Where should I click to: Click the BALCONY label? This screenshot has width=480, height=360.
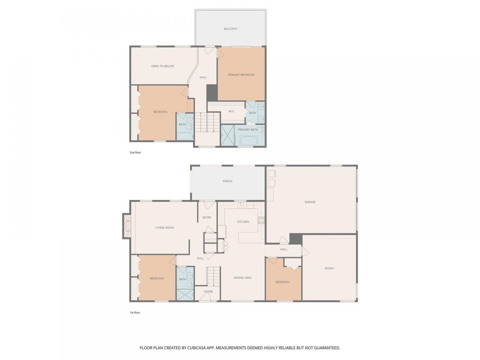(230, 29)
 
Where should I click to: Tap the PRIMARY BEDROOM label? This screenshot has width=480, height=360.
(241, 75)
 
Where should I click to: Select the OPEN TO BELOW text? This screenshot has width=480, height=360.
(162, 66)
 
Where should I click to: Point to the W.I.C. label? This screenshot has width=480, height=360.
(231, 111)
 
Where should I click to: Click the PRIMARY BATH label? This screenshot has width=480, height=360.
(247, 130)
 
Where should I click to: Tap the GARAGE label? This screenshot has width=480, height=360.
(310, 202)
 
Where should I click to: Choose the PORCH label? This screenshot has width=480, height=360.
(227, 181)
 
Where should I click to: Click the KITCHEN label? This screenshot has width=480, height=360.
(243, 222)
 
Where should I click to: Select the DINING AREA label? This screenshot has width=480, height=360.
(243, 277)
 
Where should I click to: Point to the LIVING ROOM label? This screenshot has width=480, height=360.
(165, 228)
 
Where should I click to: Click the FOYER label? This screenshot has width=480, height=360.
(208, 292)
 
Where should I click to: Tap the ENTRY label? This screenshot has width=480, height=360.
(207, 217)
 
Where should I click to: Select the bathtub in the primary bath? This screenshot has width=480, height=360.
(249, 141)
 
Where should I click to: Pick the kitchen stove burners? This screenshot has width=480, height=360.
(261, 220)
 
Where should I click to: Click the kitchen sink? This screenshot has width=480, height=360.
(240, 205)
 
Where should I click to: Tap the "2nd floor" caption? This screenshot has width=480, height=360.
(135, 153)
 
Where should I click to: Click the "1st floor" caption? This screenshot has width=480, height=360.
(135, 313)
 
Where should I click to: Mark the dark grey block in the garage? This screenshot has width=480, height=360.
(296, 239)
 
